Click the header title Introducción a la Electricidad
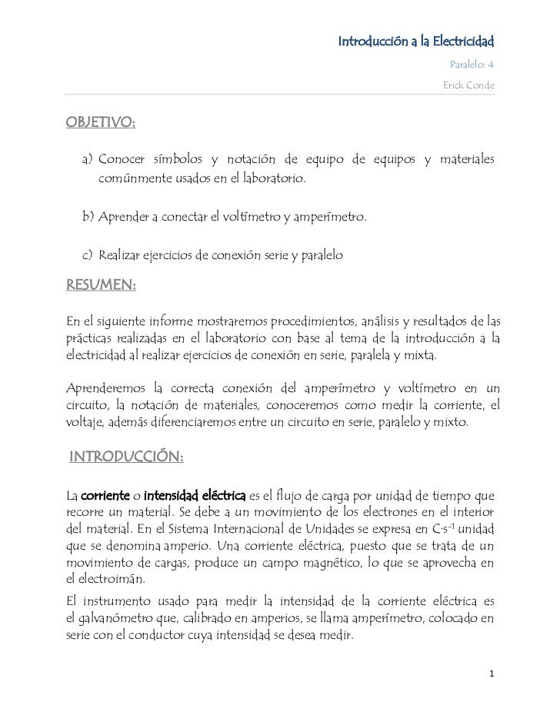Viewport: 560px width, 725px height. point(416,39)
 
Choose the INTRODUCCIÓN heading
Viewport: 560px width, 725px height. point(126,458)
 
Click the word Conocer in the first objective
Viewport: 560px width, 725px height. point(125,159)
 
